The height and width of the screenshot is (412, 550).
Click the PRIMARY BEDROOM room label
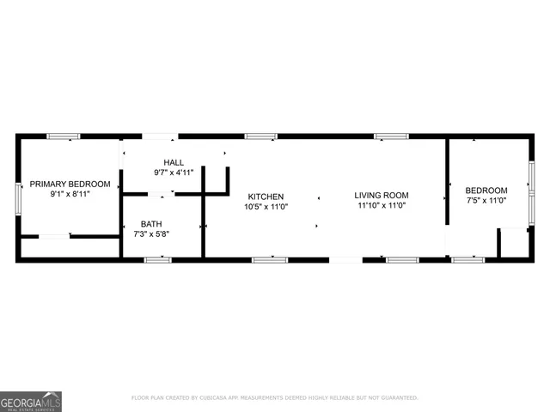click(x=70, y=185)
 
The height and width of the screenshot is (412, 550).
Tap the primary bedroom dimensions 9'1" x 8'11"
click(x=70, y=195)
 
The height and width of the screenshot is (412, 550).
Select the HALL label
click(x=174, y=162)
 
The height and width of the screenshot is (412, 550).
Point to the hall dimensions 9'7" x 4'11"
click(x=174, y=173)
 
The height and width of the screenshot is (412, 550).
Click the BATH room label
click(x=150, y=224)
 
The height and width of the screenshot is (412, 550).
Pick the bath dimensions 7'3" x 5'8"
click(x=150, y=234)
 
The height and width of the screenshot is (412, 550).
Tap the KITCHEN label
click(x=266, y=197)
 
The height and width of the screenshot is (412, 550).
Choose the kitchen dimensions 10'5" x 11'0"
click(x=266, y=207)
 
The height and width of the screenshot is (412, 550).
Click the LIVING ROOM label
click(x=381, y=195)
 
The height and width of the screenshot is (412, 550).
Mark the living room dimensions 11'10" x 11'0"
click(x=381, y=205)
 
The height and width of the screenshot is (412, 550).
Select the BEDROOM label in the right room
click(x=486, y=191)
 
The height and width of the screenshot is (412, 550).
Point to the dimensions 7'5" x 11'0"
click(x=486, y=201)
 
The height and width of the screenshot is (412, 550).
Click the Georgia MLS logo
click(x=31, y=401)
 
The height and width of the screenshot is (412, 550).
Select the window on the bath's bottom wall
click(x=158, y=259)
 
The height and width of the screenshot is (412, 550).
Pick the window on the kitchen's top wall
click(x=260, y=136)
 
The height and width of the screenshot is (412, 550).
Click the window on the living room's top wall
click(x=391, y=136)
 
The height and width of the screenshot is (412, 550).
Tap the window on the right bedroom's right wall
click(x=531, y=182)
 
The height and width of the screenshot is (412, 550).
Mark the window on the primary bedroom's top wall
click(x=64, y=136)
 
